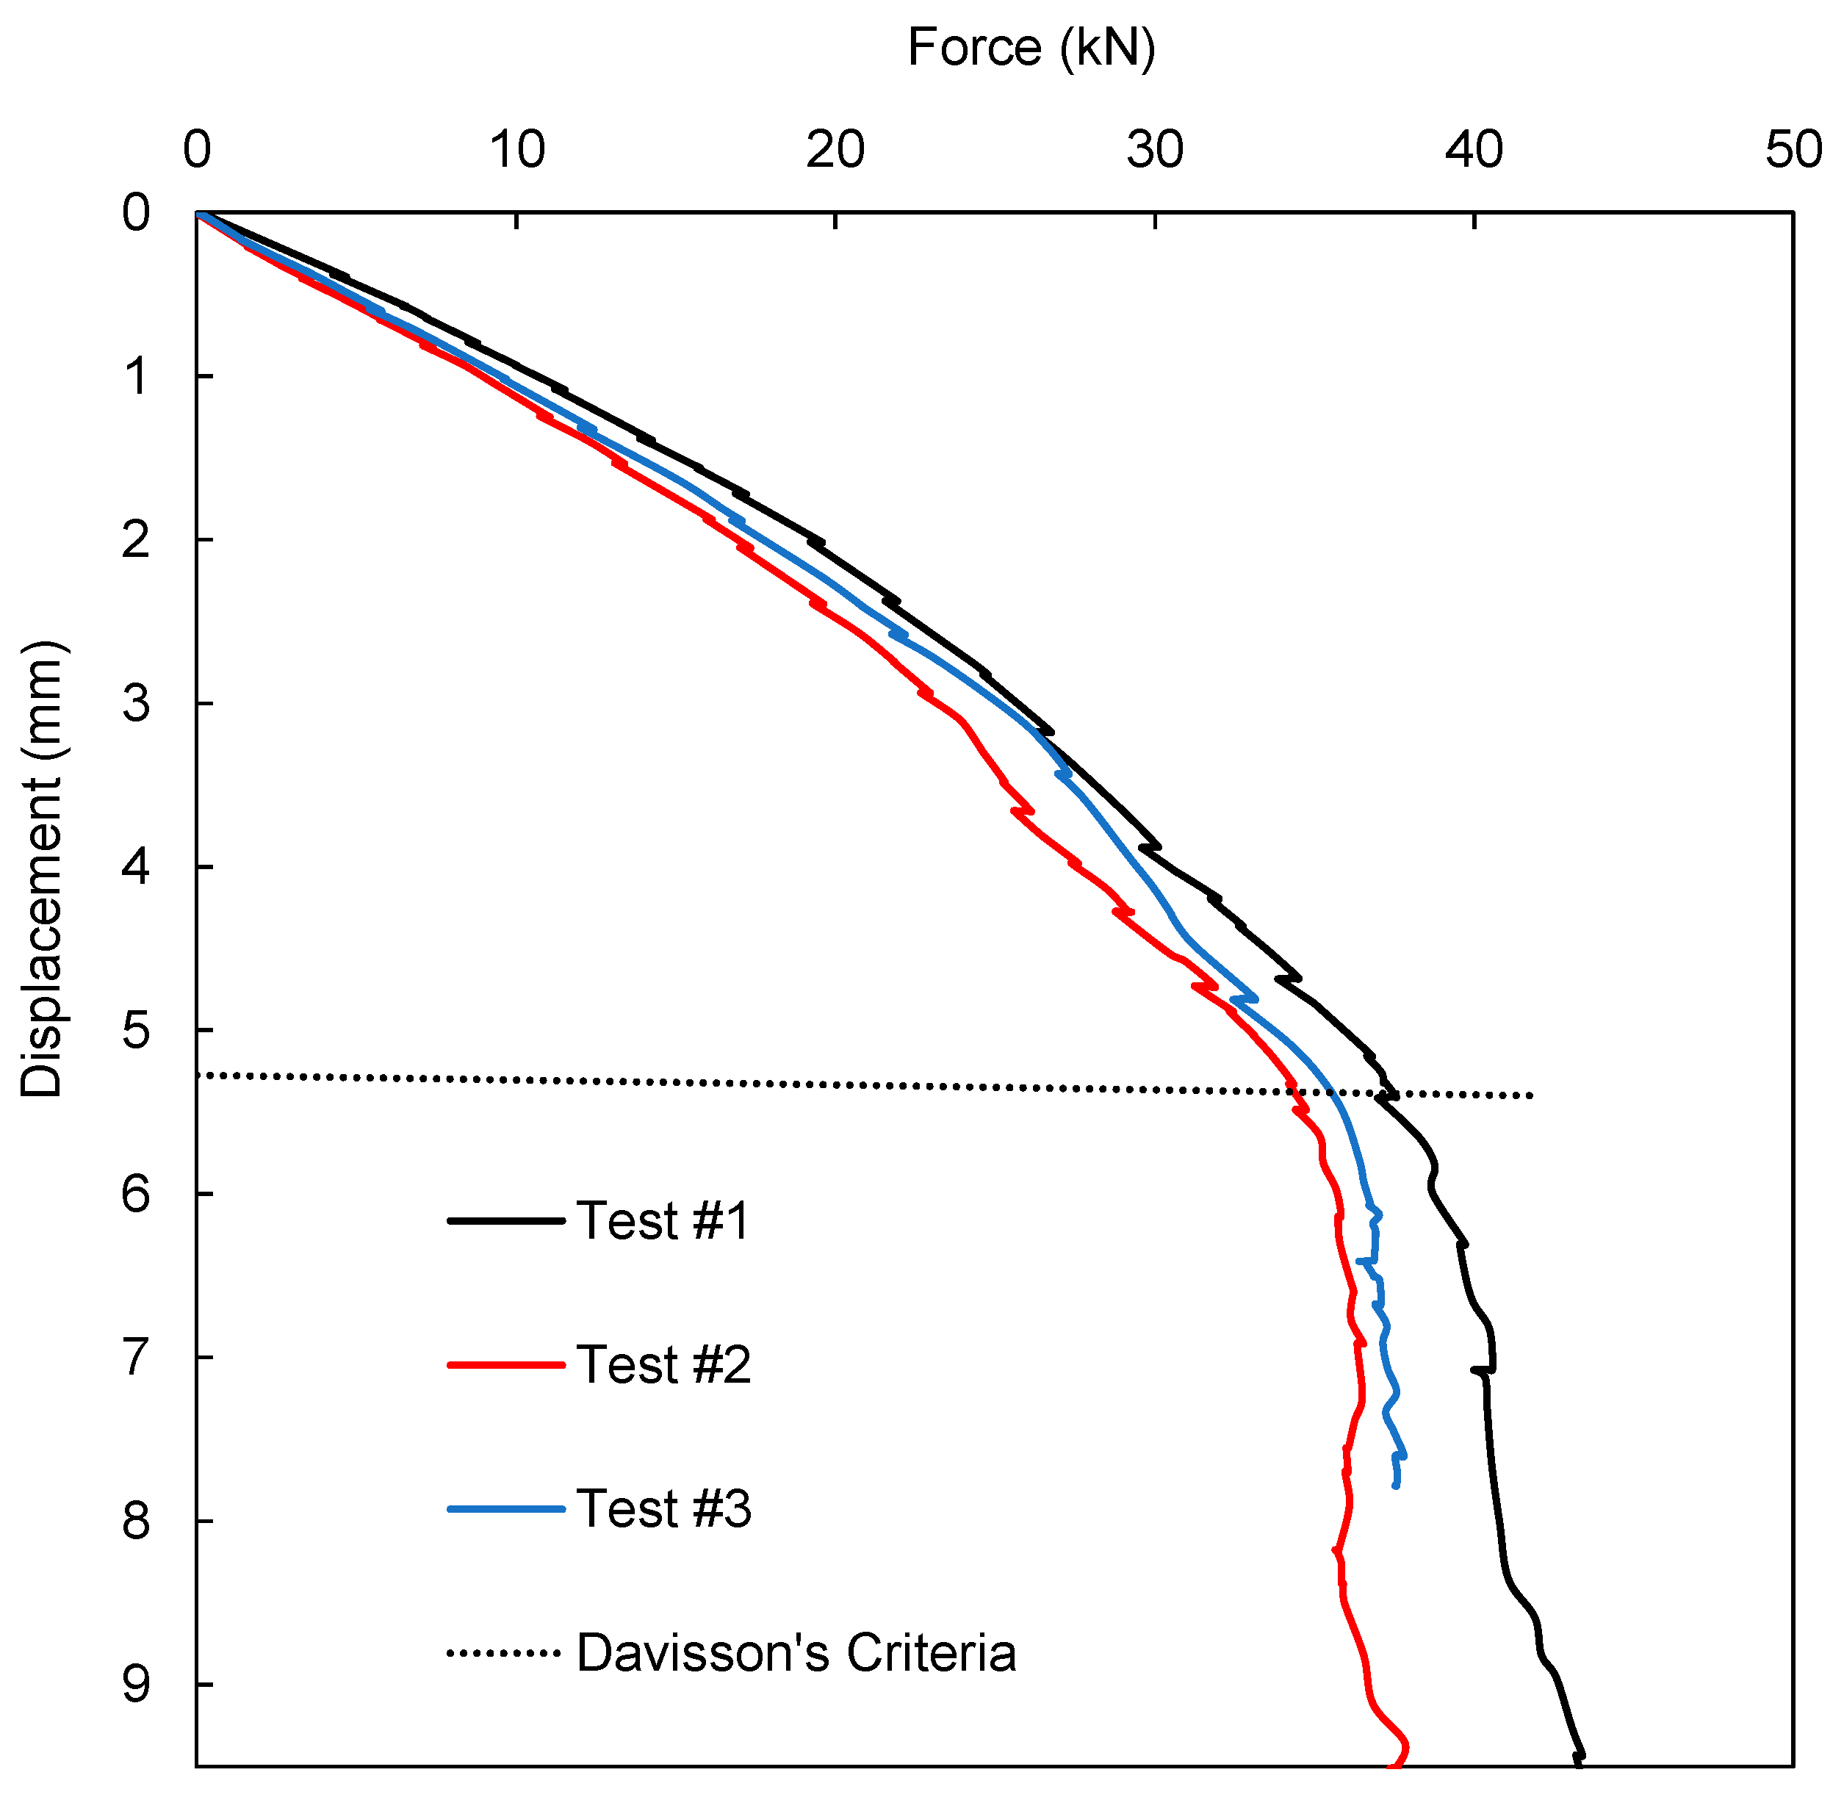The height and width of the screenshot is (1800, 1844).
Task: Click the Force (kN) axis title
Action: (x=1031, y=47)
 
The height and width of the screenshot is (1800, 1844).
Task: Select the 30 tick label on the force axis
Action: (x=1154, y=151)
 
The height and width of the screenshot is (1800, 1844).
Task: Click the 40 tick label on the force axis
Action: (x=1474, y=151)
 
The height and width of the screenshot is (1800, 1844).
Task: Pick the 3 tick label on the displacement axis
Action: (x=136, y=703)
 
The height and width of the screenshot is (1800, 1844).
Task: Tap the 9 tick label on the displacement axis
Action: (x=136, y=1685)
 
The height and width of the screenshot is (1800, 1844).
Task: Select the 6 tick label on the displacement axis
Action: (x=136, y=1194)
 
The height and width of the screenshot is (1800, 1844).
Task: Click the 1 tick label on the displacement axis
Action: (x=136, y=377)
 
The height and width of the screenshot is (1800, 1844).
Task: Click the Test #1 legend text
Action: (x=663, y=1220)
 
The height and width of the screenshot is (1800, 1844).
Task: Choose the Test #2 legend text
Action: (x=663, y=1364)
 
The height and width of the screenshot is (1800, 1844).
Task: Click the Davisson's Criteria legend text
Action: (x=796, y=1652)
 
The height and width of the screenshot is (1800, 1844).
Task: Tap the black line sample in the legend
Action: (x=505, y=1221)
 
